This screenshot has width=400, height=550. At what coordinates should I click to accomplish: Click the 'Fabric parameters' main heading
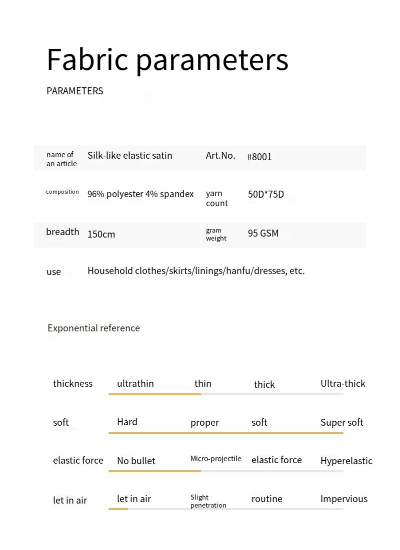(167, 60)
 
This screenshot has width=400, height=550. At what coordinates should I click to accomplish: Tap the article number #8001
(259, 157)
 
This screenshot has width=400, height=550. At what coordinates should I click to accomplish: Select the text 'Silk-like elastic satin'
(130, 156)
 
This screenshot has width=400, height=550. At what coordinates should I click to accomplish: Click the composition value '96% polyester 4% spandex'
(140, 194)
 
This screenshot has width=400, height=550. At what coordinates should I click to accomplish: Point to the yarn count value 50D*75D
(266, 195)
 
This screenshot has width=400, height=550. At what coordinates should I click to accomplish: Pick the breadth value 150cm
(101, 235)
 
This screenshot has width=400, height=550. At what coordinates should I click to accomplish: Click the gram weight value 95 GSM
(263, 234)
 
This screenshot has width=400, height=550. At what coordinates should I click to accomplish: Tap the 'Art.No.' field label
(220, 156)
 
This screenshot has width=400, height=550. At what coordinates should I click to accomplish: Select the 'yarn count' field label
(216, 198)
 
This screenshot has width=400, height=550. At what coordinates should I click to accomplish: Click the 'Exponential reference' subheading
(93, 328)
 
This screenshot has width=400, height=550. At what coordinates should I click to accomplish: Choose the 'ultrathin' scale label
(135, 384)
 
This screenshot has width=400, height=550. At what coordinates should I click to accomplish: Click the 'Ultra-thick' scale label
(343, 384)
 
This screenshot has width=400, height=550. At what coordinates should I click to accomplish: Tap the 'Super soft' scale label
(342, 423)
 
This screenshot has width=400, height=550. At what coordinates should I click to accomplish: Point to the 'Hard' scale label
(127, 422)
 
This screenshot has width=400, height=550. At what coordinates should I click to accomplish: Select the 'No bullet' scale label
(136, 461)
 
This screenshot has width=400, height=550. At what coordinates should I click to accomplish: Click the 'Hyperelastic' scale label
(346, 461)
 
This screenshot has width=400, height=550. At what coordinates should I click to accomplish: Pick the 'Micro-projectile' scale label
(216, 459)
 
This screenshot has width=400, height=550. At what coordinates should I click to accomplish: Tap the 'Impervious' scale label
(344, 499)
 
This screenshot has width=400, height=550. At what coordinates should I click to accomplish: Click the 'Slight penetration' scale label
(208, 501)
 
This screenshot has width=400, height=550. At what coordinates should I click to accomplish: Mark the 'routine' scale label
(267, 499)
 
